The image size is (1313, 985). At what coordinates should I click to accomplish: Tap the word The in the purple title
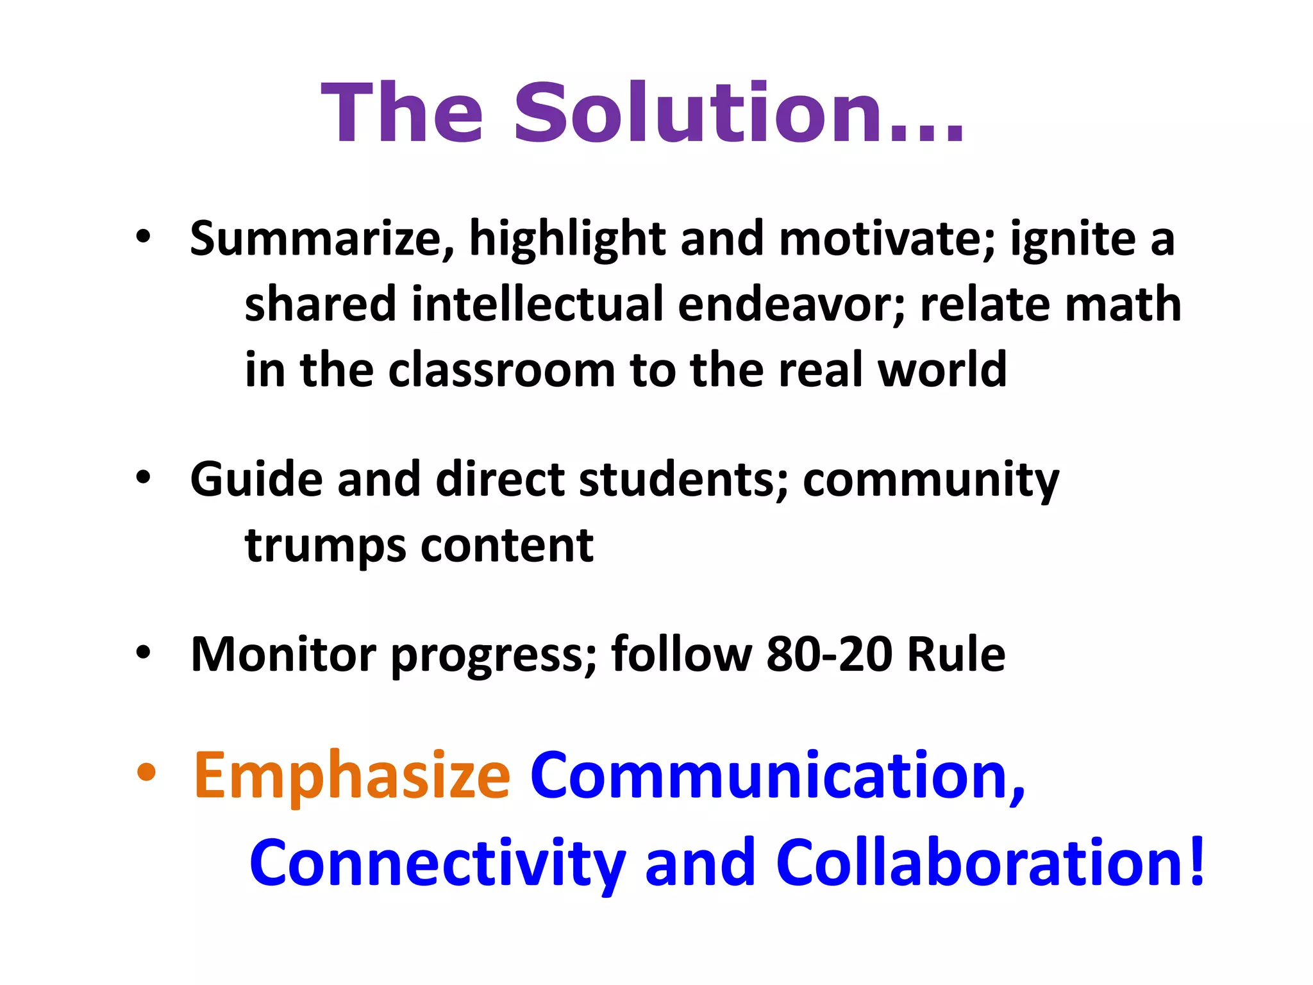click(402, 114)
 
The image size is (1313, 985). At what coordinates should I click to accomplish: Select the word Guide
click(256, 480)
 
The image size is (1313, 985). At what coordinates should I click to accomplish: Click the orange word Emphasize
click(352, 777)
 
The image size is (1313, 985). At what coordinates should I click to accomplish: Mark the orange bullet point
click(146, 773)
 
